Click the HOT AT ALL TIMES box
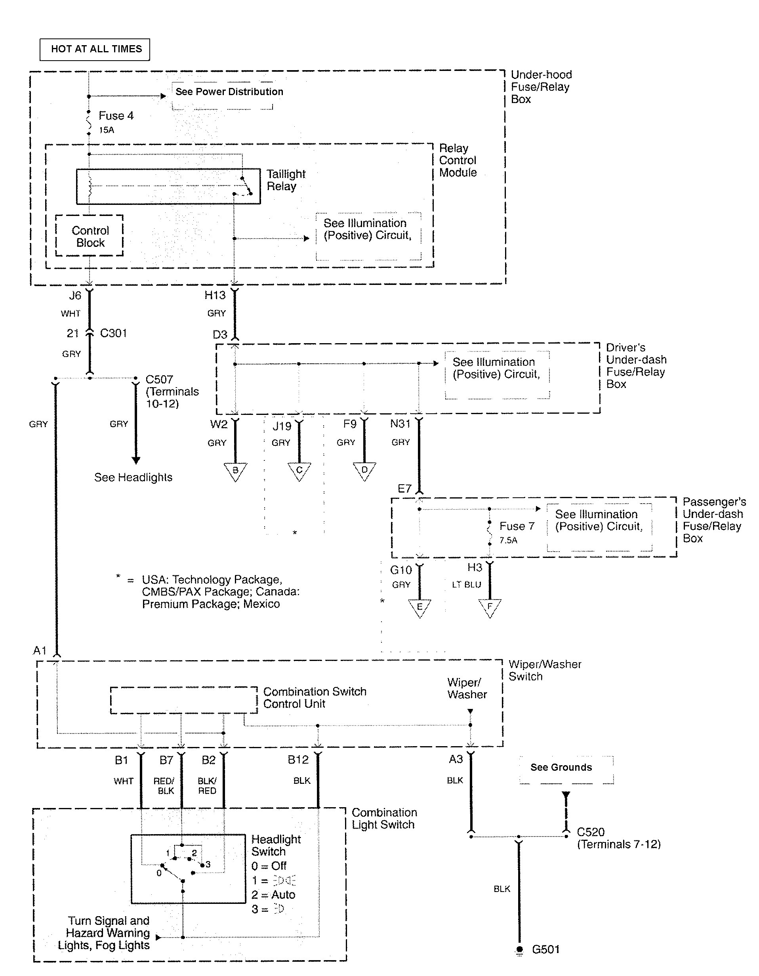[x=95, y=49]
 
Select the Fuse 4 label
[x=116, y=116]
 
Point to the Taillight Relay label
[x=286, y=180]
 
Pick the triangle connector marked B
[x=235, y=471]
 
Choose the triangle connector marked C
[x=299, y=471]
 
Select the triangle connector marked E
[x=419, y=608]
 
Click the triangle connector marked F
[x=490, y=608]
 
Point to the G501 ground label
[x=545, y=949]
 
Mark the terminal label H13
[x=215, y=295]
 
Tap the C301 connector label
[x=113, y=333]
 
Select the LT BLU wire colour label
[x=466, y=584]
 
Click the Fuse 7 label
[x=517, y=526]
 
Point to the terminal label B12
[x=298, y=760]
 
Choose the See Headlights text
[x=133, y=477]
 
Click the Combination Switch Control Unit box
[x=183, y=700]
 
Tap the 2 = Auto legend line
[x=273, y=895]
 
